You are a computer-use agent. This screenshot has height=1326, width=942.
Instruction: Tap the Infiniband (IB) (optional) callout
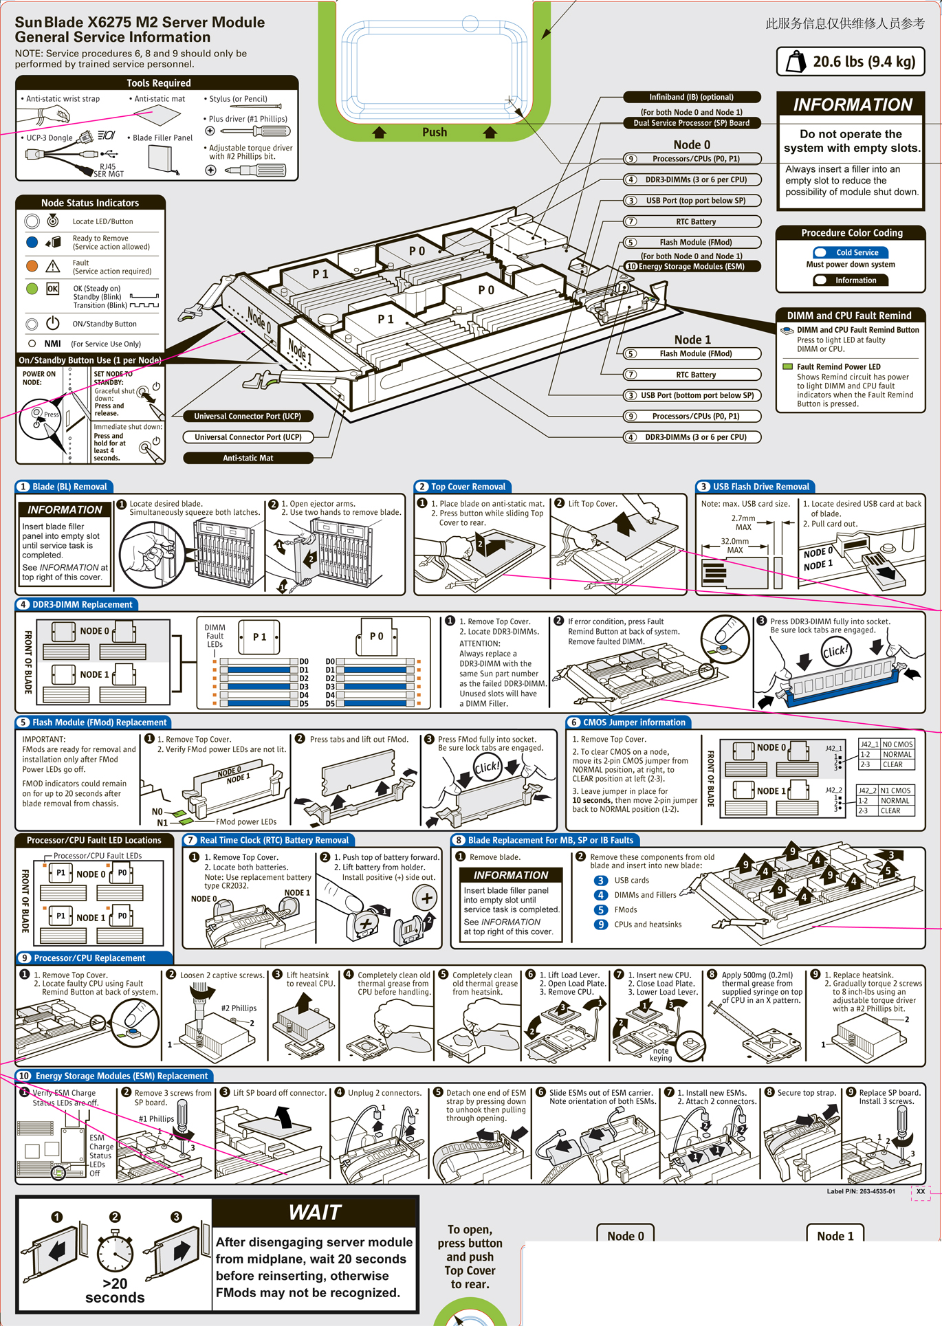click(x=691, y=97)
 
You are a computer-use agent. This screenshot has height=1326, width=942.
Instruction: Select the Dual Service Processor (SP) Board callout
click(x=691, y=123)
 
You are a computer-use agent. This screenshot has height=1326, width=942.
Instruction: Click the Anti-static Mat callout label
click(x=248, y=458)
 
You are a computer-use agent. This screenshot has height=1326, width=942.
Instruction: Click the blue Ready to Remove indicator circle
click(x=32, y=242)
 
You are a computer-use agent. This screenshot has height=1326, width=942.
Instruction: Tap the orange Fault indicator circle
click(x=32, y=266)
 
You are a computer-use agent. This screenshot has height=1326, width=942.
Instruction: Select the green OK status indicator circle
click(x=32, y=289)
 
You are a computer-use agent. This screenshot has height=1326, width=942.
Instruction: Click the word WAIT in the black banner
click(x=315, y=1213)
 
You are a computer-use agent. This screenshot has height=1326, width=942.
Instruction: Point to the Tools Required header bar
click(x=157, y=82)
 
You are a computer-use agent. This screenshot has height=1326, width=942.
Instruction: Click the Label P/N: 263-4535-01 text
click(x=861, y=1191)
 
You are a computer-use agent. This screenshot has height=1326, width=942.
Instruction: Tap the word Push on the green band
click(x=435, y=132)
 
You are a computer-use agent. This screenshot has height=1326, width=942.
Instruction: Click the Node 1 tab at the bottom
click(x=835, y=1236)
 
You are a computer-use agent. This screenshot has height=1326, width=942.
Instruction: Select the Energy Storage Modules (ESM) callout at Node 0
click(x=691, y=267)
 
